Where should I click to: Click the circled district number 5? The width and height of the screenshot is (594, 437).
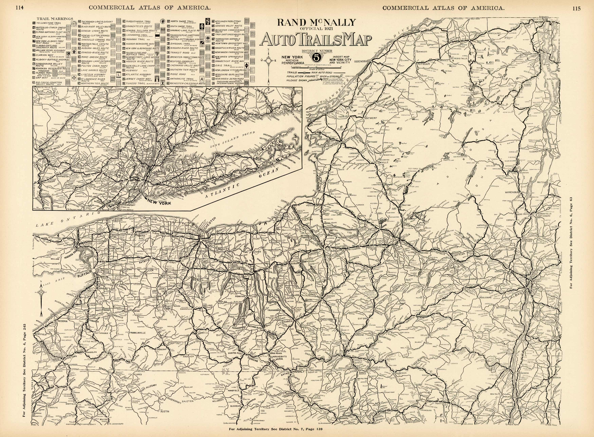coord(316,57)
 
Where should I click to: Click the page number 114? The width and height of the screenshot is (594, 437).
coord(20,8)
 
